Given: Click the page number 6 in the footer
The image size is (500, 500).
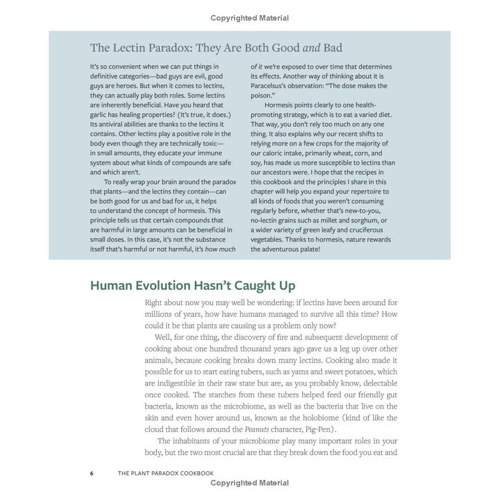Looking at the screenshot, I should tap(92, 472).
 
